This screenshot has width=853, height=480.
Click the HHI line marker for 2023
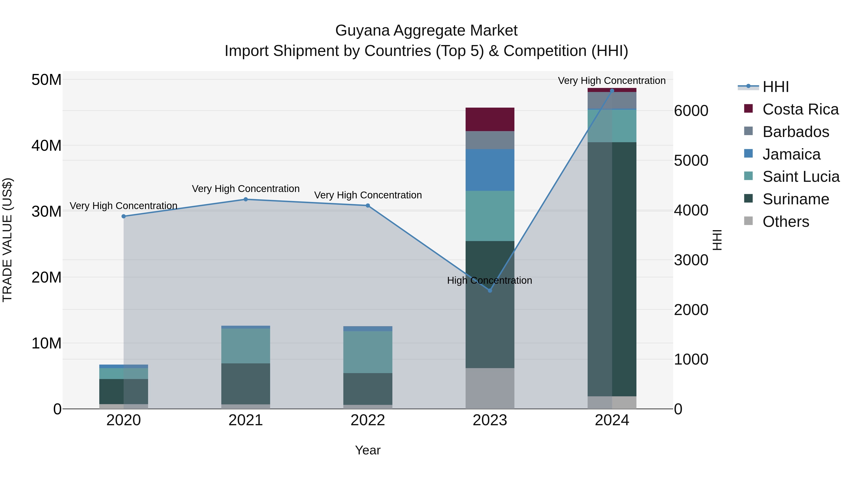(490, 291)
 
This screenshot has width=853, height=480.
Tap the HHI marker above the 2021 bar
(246, 199)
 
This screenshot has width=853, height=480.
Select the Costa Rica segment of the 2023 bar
(490, 119)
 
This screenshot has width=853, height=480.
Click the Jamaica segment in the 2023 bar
(490, 170)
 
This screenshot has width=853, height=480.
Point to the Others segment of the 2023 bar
(490, 388)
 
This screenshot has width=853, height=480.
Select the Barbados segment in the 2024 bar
(612, 100)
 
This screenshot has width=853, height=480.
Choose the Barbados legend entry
(795, 132)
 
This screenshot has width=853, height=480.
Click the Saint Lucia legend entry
(801, 177)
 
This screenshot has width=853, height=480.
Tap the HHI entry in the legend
(776, 87)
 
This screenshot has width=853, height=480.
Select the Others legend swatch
(748, 221)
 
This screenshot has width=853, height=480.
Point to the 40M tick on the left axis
(46, 146)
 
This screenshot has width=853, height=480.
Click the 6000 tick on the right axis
(691, 111)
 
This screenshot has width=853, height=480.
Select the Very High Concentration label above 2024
(612, 81)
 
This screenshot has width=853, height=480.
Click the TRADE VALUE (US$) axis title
(7, 240)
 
